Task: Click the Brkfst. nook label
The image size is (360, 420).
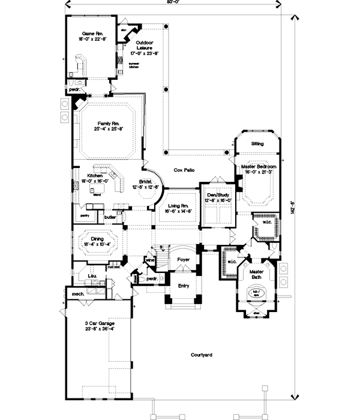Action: pyautogui.click(x=144, y=181)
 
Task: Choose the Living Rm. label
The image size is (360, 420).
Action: pyautogui.click(x=179, y=205)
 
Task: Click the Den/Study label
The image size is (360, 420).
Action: pyautogui.click(x=217, y=194)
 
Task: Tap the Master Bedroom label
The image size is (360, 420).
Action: pyautogui.click(x=259, y=166)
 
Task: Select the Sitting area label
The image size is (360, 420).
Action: pyautogui.click(x=257, y=144)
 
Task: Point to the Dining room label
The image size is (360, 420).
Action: pyautogui.click(x=98, y=238)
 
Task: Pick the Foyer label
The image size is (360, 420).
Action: pyautogui.click(x=184, y=260)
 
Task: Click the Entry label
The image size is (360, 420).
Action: pyautogui.click(x=184, y=287)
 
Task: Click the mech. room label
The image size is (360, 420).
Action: pyautogui.click(x=77, y=294)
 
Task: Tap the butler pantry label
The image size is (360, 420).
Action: pyautogui.click(x=110, y=217)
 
